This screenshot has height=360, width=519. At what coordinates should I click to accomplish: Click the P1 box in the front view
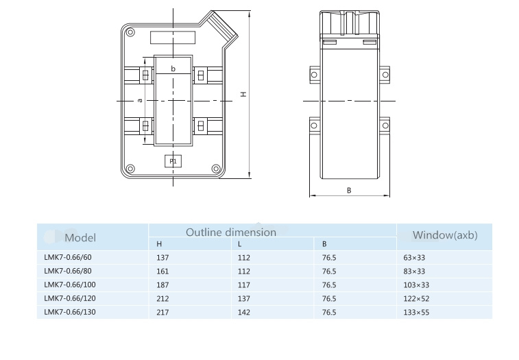click(x=173, y=161)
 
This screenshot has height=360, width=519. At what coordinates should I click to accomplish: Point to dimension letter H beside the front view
click(x=243, y=94)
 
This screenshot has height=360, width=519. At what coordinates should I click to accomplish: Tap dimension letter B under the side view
click(x=349, y=191)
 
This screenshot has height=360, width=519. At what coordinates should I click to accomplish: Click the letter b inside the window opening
click(x=173, y=69)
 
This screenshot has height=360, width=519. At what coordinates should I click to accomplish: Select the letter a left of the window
click(x=140, y=100)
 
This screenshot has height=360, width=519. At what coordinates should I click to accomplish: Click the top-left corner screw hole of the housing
click(x=130, y=32)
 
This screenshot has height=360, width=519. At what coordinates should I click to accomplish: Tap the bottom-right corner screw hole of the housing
click(x=216, y=169)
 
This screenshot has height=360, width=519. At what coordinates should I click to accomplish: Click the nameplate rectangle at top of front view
click(x=173, y=38)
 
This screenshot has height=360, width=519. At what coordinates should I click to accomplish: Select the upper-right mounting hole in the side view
click(x=385, y=75)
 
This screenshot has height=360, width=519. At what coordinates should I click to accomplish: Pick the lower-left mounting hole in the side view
click(x=314, y=125)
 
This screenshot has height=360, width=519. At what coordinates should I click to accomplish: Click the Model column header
click(x=80, y=238)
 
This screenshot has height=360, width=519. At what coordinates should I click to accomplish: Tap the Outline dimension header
click(x=231, y=232)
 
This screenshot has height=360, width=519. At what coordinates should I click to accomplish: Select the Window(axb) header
click(x=445, y=235)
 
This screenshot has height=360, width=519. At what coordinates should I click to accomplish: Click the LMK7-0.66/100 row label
click(x=70, y=285)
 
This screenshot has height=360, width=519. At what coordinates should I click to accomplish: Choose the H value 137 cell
click(x=162, y=258)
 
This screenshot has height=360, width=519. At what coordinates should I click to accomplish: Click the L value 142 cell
click(x=244, y=312)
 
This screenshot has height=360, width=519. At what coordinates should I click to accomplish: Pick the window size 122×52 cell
click(x=416, y=299)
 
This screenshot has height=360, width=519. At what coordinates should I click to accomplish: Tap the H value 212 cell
click(x=162, y=299)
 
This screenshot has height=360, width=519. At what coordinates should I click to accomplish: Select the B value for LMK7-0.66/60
click(x=329, y=258)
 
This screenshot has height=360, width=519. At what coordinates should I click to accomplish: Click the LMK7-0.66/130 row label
click(x=70, y=312)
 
